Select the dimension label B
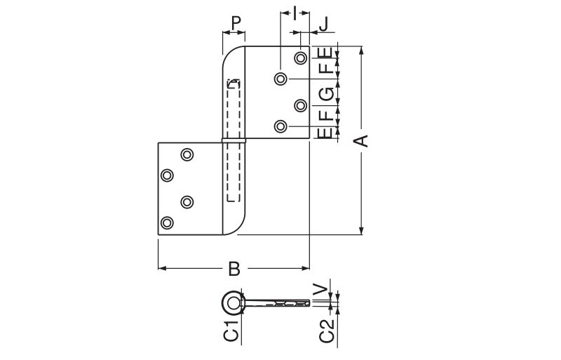[x=234, y=269]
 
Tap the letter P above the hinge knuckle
[x=236, y=23]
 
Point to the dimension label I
[x=295, y=13]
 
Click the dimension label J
[x=324, y=25]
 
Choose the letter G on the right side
[x=326, y=94]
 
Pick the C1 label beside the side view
[x=231, y=331]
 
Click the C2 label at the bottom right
[x=327, y=331]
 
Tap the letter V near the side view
[x=320, y=289]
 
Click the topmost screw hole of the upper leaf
[x=301, y=58]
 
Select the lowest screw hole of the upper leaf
[x=280, y=126]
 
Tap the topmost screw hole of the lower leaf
[x=187, y=155]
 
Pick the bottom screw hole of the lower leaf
[x=167, y=222]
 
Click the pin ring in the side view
[x=234, y=303]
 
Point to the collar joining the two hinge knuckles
[x=234, y=140]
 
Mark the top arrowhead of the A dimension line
[x=361, y=50]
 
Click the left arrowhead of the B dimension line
[x=162, y=268]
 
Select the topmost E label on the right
[x=326, y=53]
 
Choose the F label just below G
[x=326, y=115]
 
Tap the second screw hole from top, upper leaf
[x=280, y=79]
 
